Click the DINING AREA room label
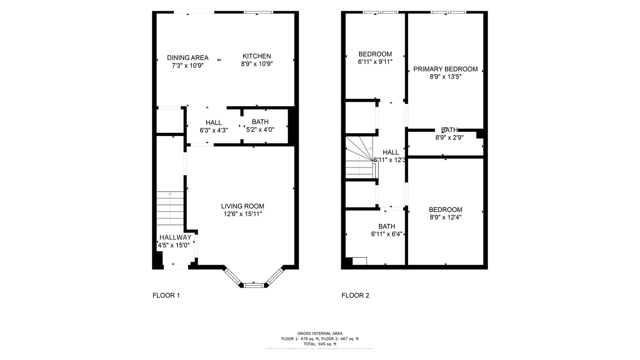click(188, 58)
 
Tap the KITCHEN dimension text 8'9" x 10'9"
click(257, 64)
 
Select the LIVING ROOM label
click(243, 206)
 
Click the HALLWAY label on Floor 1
click(175, 237)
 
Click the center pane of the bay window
click(253, 285)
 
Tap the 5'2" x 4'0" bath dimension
click(260, 130)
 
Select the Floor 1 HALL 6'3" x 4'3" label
click(213, 126)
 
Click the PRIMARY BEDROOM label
click(445, 69)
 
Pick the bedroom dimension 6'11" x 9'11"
click(375, 62)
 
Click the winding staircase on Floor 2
click(360, 157)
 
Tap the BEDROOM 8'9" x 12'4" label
click(445, 213)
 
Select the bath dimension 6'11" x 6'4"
click(387, 234)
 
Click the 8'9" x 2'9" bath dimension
click(449, 138)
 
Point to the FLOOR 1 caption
click(166, 295)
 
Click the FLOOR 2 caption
click(355, 295)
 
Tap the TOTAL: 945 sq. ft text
click(320, 344)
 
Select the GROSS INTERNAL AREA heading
click(320, 333)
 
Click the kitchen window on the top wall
click(259, 12)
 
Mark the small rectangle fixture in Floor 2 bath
click(359, 261)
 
